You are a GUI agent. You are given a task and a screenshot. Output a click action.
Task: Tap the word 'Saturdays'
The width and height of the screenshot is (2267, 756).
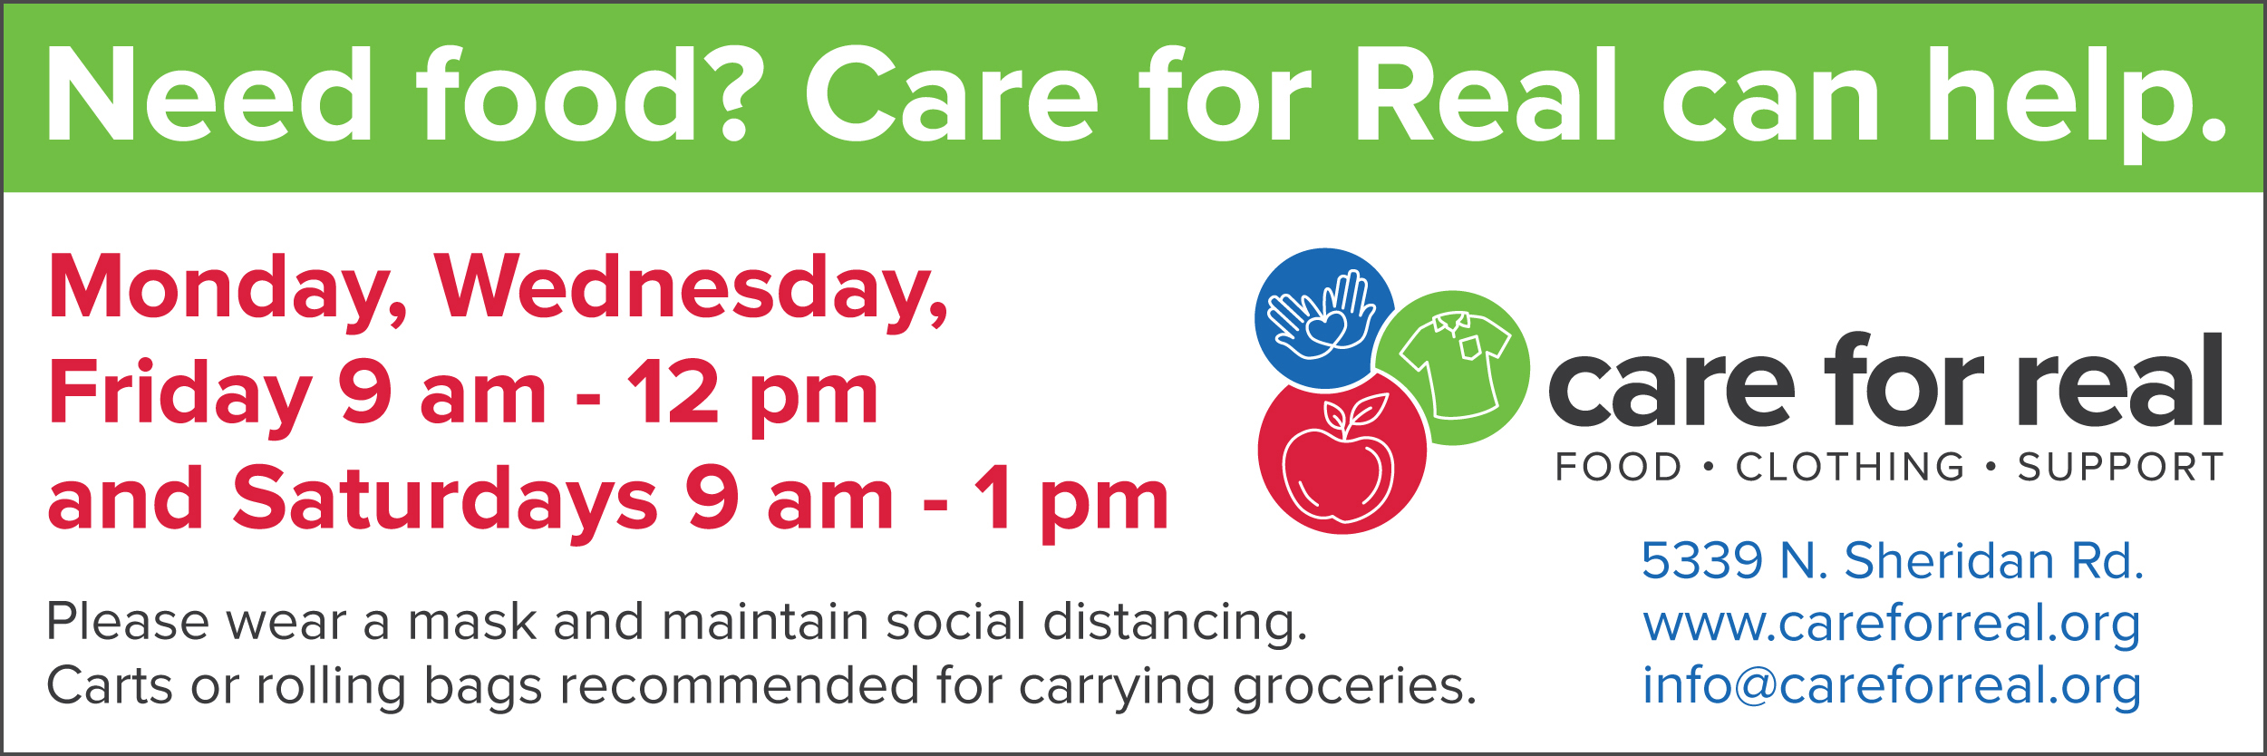(x=445, y=501)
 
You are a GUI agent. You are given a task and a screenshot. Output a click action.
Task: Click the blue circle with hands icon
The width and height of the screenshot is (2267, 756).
(x=1324, y=319)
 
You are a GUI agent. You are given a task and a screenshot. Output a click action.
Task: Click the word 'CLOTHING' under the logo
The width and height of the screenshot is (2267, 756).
(x=1850, y=468)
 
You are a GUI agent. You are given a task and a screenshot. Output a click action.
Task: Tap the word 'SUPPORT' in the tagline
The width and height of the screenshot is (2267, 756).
(x=2120, y=468)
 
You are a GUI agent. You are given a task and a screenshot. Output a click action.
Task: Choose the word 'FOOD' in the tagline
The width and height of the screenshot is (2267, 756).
(x=1619, y=468)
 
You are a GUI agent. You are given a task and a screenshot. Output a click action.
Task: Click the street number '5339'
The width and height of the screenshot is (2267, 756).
(x=1702, y=560)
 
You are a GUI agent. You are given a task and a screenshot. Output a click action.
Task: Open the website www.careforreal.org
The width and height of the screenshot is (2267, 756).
(x=1892, y=625)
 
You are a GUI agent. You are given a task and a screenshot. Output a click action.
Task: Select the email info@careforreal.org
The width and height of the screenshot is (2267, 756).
(x=1892, y=686)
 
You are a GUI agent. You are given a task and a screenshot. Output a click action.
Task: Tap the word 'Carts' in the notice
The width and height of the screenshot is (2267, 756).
(x=109, y=686)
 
